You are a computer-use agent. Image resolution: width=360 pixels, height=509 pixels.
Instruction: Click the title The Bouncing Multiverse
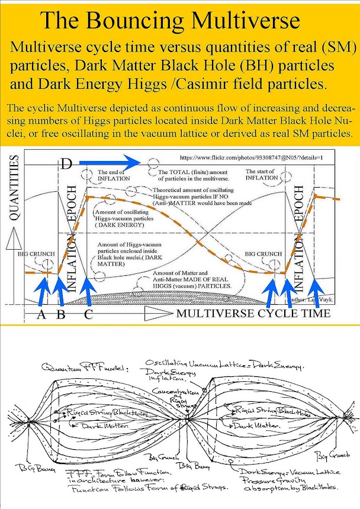(169, 21)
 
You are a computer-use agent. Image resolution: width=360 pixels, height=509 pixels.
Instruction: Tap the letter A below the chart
(41, 314)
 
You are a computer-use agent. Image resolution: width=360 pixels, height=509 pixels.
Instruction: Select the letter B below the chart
(60, 314)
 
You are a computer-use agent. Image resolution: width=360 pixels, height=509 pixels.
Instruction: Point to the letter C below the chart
(88, 314)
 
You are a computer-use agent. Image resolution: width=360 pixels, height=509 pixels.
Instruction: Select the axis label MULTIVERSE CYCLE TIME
(253, 313)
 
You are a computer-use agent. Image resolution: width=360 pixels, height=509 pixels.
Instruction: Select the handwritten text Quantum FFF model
(75, 366)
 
